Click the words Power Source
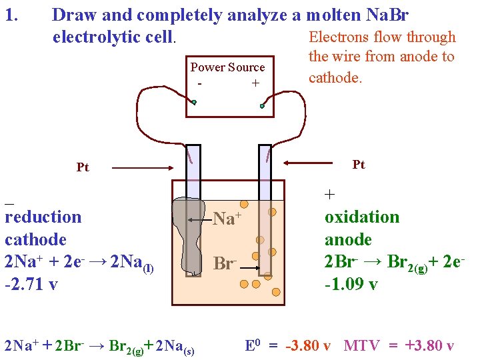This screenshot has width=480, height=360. click(x=227, y=67)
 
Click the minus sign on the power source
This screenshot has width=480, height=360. click(x=200, y=84)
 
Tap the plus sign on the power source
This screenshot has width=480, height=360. click(x=255, y=83)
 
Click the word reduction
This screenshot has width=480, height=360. click(x=43, y=217)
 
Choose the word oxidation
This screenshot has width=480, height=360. click(x=362, y=217)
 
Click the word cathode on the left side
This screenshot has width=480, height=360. click(x=35, y=239)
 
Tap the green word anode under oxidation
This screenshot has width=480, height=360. click(x=348, y=239)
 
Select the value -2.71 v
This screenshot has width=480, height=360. click(x=31, y=284)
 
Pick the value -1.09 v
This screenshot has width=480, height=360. click(x=351, y=284)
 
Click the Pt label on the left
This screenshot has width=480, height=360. click(x=83, y=167)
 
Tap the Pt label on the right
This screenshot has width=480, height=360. click(x=359, y=165)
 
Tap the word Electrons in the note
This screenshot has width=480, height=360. click(x=338, y=37)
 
